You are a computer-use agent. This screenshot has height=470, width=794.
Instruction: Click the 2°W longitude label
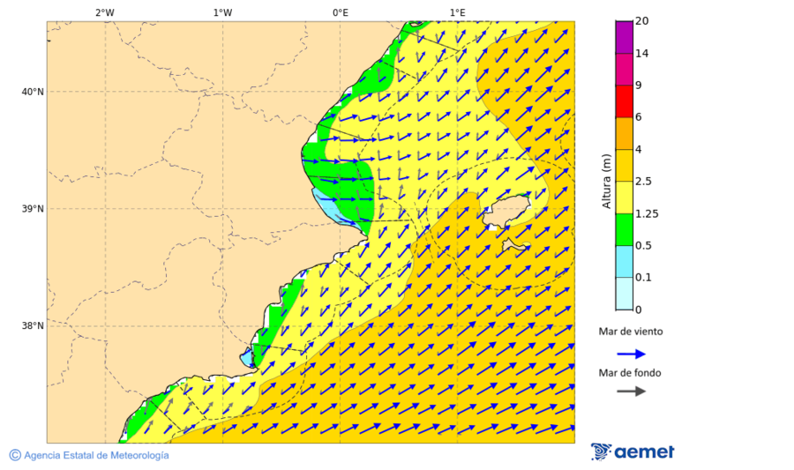coord(104,12)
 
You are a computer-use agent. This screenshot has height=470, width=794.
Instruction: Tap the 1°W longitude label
coord(222,12)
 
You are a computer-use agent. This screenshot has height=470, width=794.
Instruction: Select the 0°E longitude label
coord(340,12)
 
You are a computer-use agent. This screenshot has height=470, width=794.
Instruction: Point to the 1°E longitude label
coord(457,12)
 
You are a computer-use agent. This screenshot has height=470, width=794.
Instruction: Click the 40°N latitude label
coord(32,92)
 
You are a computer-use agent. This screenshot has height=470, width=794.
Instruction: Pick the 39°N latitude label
coord(32,209)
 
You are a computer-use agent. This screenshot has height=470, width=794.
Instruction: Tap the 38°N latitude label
coord(32,326)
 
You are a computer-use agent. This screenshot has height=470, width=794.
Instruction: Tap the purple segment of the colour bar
coord(624,37)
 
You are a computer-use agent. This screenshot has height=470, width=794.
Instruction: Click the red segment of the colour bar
coord(624,101)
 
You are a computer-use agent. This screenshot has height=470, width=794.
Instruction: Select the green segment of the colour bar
coord(624,229)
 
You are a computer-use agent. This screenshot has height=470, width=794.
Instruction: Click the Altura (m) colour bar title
coord(606,181)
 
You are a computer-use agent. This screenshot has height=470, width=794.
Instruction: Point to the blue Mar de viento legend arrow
coord(631,354)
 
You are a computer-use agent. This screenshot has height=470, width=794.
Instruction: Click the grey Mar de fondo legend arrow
coord(631,392)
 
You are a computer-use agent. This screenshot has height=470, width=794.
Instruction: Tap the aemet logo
coord(633,451)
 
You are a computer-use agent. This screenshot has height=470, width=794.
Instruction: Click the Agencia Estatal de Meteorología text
coord(89,455)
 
